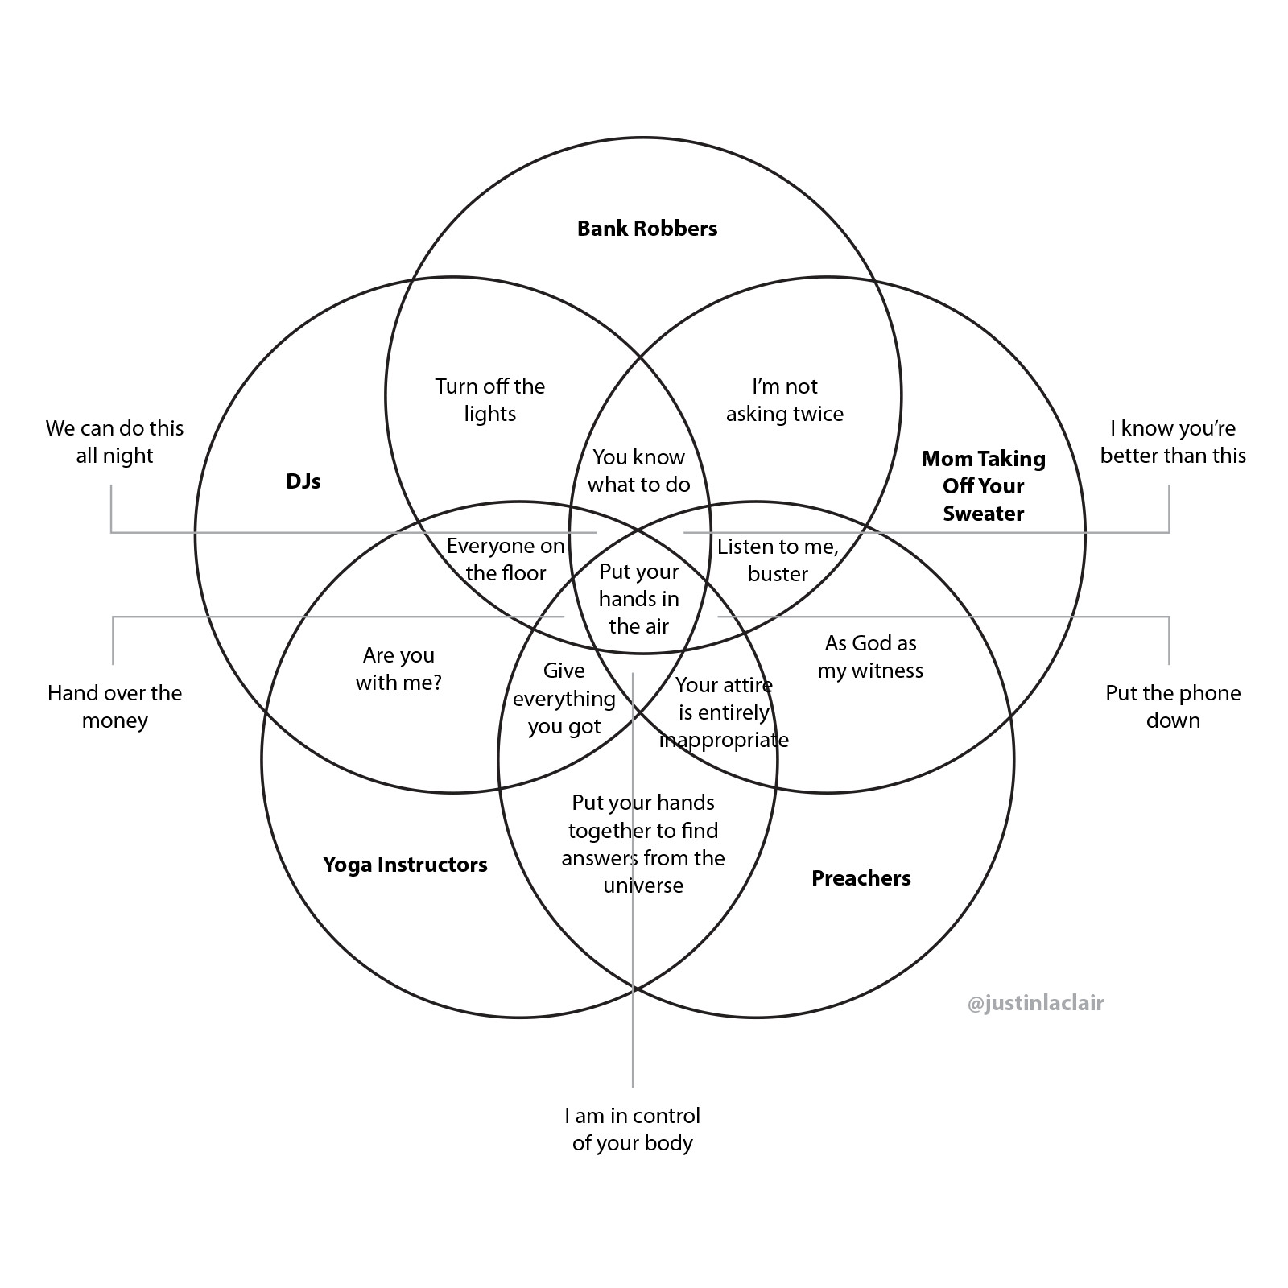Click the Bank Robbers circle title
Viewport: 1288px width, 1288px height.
point(647,229)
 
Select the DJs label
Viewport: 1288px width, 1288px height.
point(303,481)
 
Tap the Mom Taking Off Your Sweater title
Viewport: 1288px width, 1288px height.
point(983,486)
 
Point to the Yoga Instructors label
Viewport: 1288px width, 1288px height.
point(405,865)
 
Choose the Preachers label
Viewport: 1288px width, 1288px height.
point(861,878)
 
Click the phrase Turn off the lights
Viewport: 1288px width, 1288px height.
point(489,400)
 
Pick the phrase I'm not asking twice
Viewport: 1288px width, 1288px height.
point(785,400)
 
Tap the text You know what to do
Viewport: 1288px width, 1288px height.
point(639,471)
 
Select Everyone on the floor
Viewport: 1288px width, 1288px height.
point(506,559)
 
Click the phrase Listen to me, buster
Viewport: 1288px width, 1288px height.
point(778,559)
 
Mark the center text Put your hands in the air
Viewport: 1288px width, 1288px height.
point(639,599)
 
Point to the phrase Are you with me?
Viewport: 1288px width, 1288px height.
point(398,669)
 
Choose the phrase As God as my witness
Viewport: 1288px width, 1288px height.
point(870,657)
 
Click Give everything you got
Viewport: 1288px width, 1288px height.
point(564,699)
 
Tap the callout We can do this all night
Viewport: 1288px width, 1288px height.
point(114,442)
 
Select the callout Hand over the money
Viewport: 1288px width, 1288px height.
point(114,707)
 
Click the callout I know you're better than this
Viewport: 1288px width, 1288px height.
point(1173,442)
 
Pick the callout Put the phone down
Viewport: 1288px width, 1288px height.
point(1173,707)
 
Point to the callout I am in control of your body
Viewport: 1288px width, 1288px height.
point(633,1129)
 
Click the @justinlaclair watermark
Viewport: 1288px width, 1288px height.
point(1035,1004)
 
